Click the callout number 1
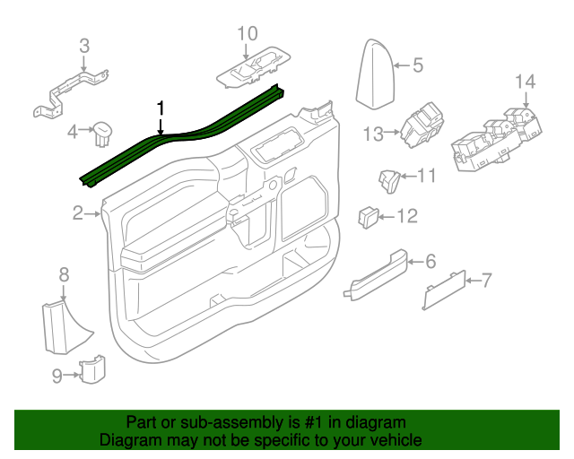tap(161, 108)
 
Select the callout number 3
tap(83, 45)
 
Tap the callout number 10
tap(247, 34)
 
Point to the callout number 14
tap(525, 82)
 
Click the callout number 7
tap(487, 281)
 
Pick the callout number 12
tap(406, 216)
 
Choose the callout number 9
tap(57, 377)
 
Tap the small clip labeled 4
tap(101, 133)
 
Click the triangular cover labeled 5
tap(374, 73)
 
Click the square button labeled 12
tap(370, 215)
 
